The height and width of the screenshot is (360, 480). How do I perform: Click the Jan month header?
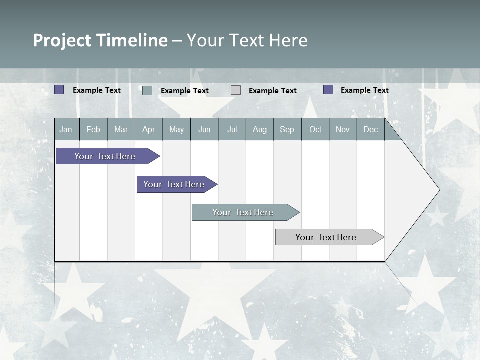[66, 129]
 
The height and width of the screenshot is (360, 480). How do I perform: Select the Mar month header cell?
[121, 129]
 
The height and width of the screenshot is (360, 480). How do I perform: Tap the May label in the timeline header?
[176, 129]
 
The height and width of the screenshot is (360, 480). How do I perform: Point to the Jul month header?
[232, 129]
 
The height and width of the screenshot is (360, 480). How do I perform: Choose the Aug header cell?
[260, 129]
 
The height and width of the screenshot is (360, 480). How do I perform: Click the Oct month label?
[315, 129]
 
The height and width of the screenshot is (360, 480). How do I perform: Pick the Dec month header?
[371, 129]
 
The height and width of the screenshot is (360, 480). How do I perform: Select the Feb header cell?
[93, 129]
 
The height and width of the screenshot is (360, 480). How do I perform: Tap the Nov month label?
[343, 129]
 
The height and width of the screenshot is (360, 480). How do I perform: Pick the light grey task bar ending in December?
[327, 237]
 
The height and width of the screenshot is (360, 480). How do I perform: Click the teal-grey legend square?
[147, 90]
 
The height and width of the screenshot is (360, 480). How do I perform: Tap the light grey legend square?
[236, 90]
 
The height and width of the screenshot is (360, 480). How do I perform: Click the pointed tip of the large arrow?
[438, 190]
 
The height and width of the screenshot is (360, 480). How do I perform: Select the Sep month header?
[287, 129]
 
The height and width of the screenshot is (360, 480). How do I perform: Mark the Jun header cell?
[204, 129]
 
